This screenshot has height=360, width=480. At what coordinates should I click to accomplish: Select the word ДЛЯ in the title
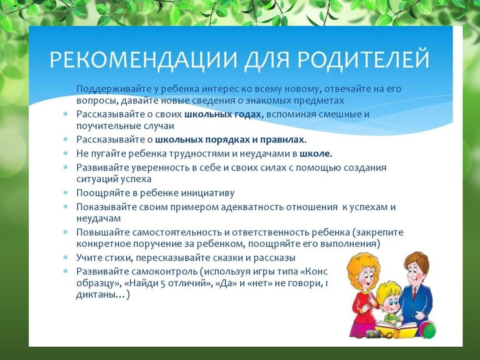coord(263,60)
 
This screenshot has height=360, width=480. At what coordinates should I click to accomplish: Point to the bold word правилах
coord(283,140)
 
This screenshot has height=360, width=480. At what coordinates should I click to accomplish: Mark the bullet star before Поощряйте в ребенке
coord(65,193)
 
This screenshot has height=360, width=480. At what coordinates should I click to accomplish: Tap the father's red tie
coord(414,293)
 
